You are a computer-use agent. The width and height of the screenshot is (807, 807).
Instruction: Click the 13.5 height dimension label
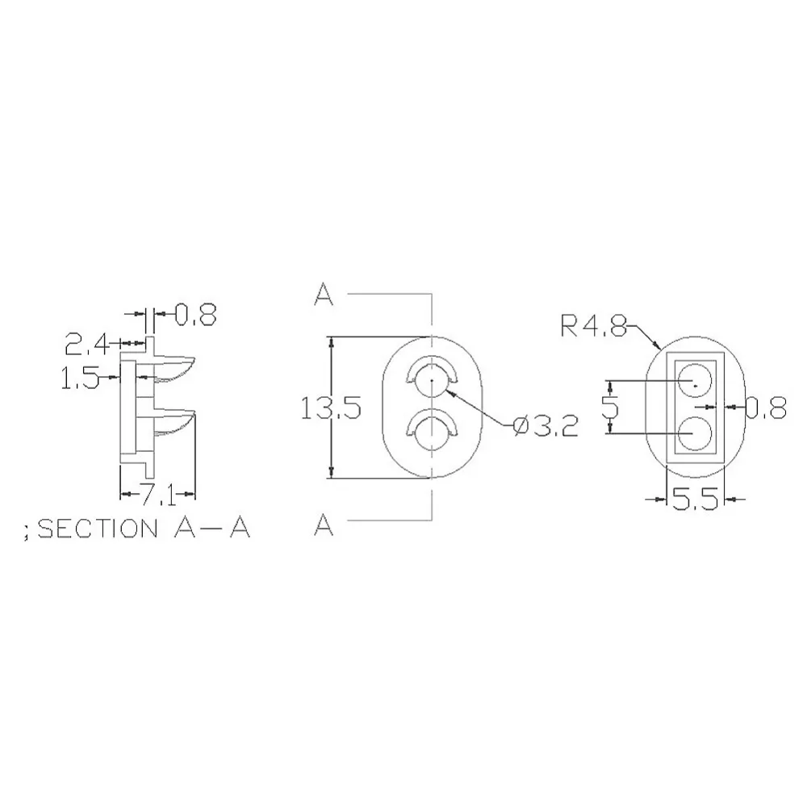point(331,408)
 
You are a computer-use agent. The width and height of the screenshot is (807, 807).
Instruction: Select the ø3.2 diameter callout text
point(546,425)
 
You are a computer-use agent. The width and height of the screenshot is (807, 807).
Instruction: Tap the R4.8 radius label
point(593,326)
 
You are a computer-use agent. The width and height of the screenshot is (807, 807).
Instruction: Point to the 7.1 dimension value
point(158,495)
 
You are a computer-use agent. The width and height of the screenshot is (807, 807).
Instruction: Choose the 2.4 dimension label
point(87,344)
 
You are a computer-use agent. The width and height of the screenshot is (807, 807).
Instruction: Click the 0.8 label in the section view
point(195,314)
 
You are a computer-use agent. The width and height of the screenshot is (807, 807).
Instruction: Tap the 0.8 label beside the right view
point(766,407)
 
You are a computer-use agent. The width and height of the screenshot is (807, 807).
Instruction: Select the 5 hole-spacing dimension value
point(611,408)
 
